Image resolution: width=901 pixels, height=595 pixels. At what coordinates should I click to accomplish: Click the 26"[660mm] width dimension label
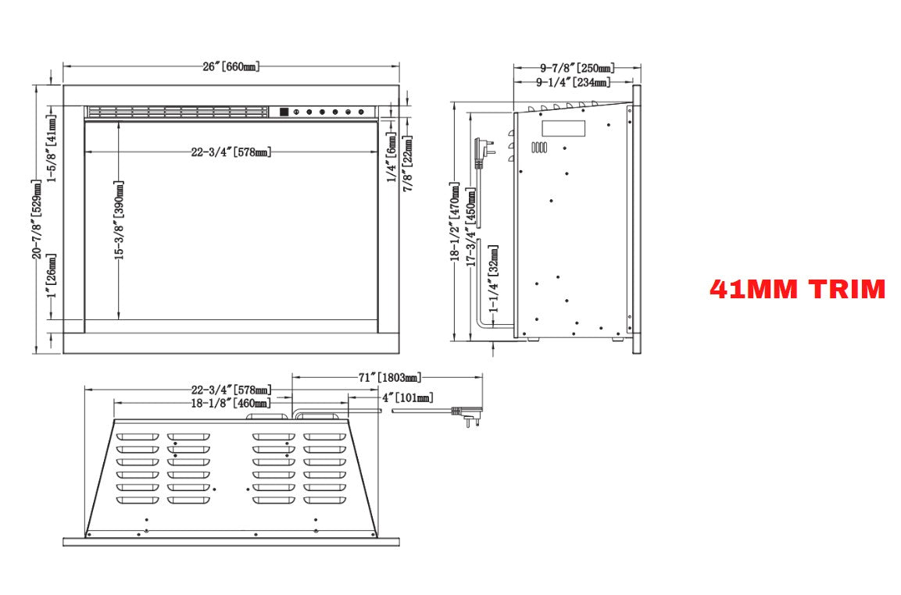click(231, 66)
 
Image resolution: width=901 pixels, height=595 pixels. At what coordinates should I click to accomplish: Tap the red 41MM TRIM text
click(798, 289)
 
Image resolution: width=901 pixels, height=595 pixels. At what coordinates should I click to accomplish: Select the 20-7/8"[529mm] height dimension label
click(37, 219)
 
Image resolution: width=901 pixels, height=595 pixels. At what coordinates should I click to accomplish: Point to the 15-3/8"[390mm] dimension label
click(120, 220)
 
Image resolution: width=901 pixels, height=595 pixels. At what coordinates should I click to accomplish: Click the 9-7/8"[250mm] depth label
click(577, 69)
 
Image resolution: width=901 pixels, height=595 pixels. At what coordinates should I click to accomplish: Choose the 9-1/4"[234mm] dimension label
click(574, 83)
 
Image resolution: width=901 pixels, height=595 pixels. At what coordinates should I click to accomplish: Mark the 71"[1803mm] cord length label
click(390, 377)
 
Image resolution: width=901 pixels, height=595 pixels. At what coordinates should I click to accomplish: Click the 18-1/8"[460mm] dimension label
click(231, 403)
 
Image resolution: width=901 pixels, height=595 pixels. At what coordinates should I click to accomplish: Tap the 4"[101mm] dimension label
click(408, 397)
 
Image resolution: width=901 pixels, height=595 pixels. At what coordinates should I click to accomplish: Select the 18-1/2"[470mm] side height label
click(455, 223)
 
